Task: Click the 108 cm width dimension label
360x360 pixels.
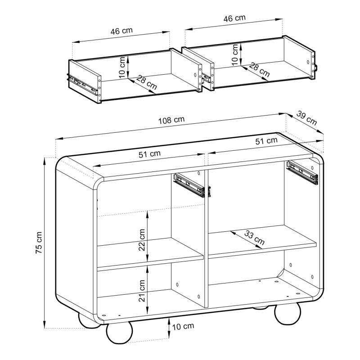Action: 171,120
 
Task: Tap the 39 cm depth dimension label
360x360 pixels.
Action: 306,118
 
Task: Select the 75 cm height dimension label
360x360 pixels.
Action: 39,243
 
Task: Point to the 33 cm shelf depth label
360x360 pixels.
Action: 254,238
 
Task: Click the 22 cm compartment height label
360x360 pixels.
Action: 142,240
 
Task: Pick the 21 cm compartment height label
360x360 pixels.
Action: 142,290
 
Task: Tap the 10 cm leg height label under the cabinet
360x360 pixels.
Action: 183,326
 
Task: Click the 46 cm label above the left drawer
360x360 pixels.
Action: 121,31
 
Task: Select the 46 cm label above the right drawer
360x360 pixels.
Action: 234,18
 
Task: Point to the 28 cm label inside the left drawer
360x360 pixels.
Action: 147,82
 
